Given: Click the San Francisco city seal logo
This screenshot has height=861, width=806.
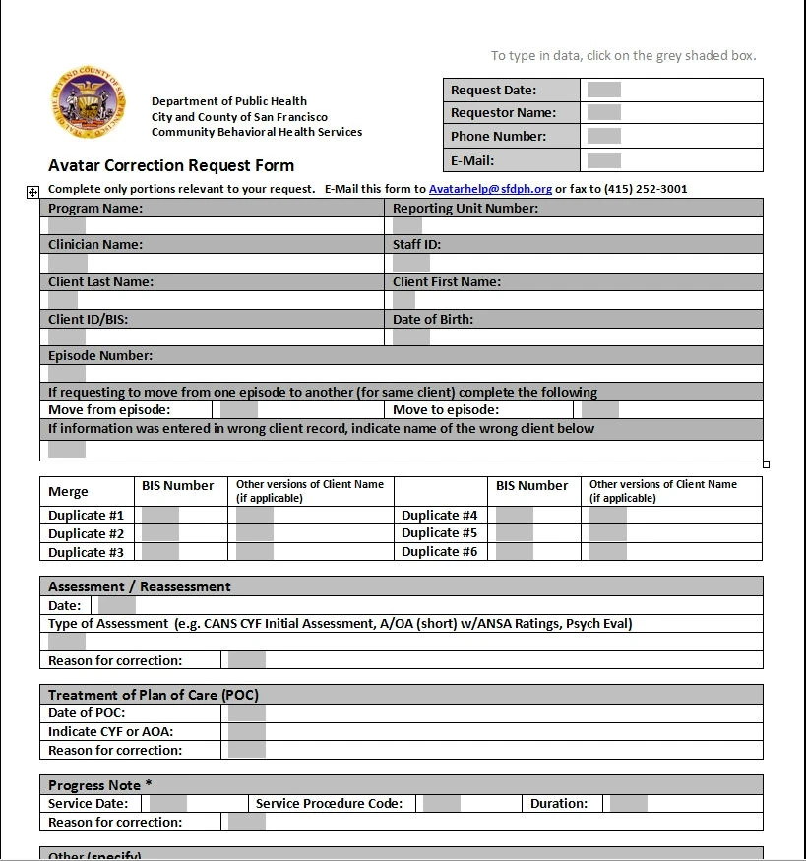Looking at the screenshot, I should point(88,102).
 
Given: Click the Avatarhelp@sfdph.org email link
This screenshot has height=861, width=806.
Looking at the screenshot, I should point(490,189).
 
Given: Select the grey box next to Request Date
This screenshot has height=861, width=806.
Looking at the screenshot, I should point(603,90).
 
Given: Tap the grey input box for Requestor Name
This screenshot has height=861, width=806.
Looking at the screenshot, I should point(603,113).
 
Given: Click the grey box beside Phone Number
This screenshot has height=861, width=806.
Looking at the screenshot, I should point(603,137).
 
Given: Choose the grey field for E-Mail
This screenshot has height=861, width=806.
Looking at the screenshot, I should point(603,160).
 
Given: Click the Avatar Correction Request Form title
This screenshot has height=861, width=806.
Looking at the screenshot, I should point(171,165).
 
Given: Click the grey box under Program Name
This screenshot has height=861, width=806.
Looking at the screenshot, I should point(67,226).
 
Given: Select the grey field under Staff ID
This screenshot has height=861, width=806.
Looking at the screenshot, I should point(410,263).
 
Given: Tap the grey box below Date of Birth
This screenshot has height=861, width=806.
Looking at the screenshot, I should point(410,338).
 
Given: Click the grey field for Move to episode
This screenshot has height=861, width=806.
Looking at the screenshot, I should point(599,410).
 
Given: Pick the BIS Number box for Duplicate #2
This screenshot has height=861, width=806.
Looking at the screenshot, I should point(160,533).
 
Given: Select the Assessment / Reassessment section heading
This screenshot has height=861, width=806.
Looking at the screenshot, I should point(140,586).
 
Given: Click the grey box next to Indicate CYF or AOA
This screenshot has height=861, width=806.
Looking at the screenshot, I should point(247,731).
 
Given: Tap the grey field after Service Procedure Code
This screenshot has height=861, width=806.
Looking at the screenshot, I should point(442,803).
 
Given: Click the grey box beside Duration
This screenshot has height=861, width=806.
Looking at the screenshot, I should point(628,803).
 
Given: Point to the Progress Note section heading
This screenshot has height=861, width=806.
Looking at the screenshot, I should point(100,785).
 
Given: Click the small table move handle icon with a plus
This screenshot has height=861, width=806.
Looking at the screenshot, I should point(32,192).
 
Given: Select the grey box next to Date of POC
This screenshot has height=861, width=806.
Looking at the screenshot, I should point(247,712).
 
